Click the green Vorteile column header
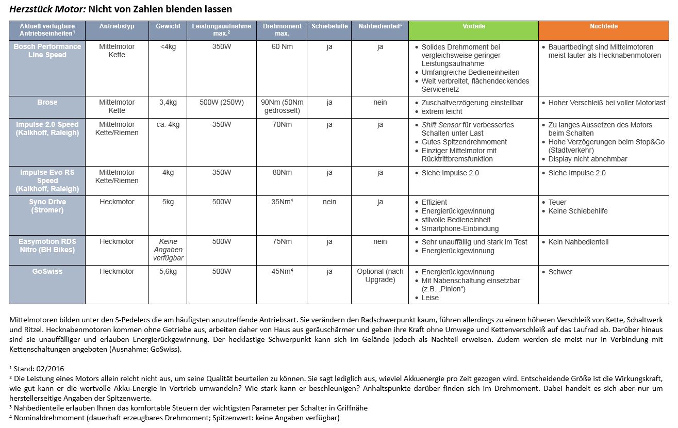point(473,26)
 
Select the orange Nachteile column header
point(603,26)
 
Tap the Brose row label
point(47,103)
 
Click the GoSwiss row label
point(47,272)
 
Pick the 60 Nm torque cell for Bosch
point(282,47)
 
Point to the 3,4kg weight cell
point(168,103)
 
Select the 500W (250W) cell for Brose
point(222,103)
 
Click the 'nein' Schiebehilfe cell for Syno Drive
point(329,202)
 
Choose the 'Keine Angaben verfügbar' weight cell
point(168,250)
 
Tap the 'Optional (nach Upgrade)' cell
point(380,275)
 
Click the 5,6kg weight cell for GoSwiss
point(168,272)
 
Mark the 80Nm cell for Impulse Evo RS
point(282,173)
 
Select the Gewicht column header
point(168,26)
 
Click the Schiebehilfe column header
point(329,26)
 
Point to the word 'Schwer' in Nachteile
point(560,272)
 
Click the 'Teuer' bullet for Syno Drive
point(557,202)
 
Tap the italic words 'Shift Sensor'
point(441,125)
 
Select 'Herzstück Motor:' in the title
point(48,9)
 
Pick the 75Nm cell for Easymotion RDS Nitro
point(282,242)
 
